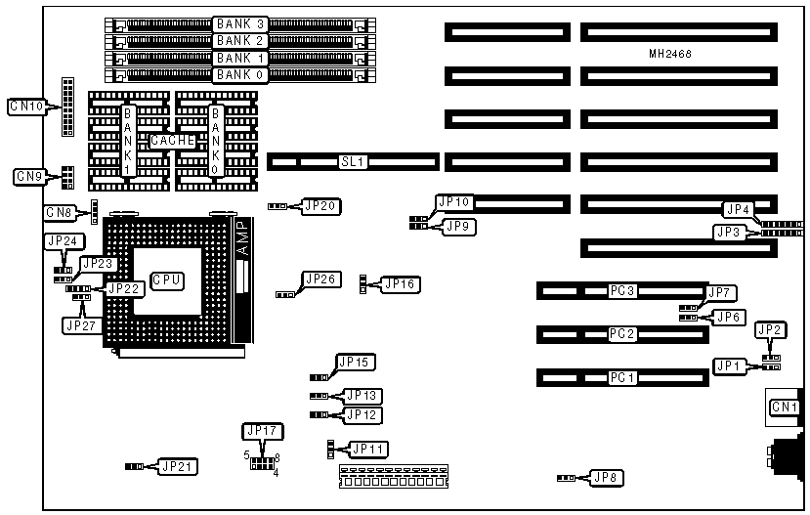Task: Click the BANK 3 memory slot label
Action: [x=239, y=23]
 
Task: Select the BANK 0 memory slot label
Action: [x=239, y=74]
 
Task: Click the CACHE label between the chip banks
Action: [x=173, y=141]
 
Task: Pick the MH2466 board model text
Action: [x=670, y=55]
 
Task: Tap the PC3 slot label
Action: [x=622, y=291]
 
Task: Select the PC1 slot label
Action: [x=622, y=377]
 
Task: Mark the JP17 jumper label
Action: [x=260, y=430]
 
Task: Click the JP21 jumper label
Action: [x=177, y=466]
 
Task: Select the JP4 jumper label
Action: [x=737, y=209]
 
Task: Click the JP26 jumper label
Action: [x=321, y=279]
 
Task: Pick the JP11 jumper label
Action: [x=368, y=449]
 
